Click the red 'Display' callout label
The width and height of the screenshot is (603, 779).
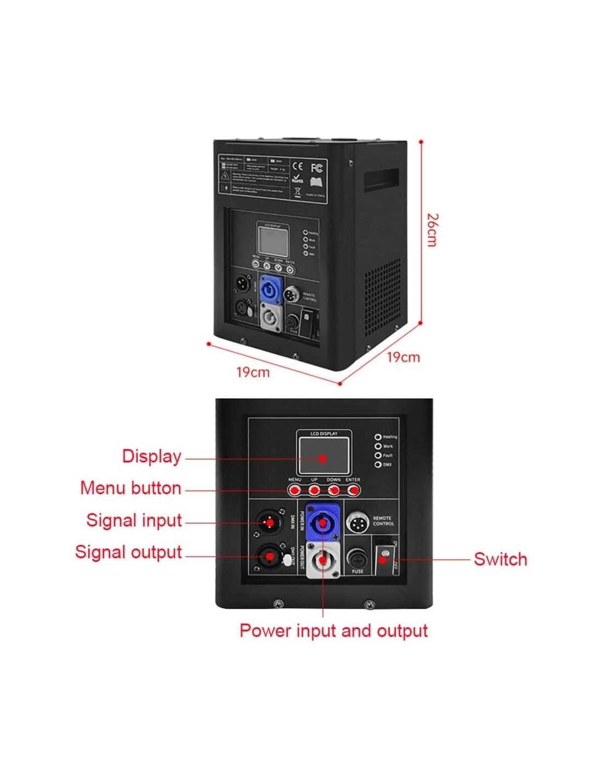(x=151, y=456)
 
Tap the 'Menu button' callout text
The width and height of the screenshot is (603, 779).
(x=130, y=488)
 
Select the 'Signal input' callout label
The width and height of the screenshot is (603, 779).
(x=134, y=520)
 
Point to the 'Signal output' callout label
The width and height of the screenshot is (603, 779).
(x=128, y=552)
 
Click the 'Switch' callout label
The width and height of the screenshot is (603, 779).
(x=500, y=559)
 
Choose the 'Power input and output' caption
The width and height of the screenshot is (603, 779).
(x=333, y=631)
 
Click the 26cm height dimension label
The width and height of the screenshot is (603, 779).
(x=433, y=230)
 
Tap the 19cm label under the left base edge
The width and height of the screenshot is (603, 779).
(x=253, y=373)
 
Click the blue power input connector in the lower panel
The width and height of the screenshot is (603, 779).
(x=322, y=523)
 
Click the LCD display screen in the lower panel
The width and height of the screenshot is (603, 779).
(x=323, y=456)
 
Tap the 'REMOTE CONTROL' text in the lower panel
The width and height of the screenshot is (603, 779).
(x=383, y=520)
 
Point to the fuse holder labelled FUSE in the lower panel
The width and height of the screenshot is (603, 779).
(x=357, y=560)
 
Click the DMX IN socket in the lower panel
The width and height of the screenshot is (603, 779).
(x=270, y=523)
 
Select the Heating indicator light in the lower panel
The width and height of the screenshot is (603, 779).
(x=378, y=437)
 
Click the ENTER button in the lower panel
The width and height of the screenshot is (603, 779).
(x=353, y=489)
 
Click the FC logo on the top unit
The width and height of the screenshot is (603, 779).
(x=317, y=168)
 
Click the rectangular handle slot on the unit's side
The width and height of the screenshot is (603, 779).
(x=382, y=179)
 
